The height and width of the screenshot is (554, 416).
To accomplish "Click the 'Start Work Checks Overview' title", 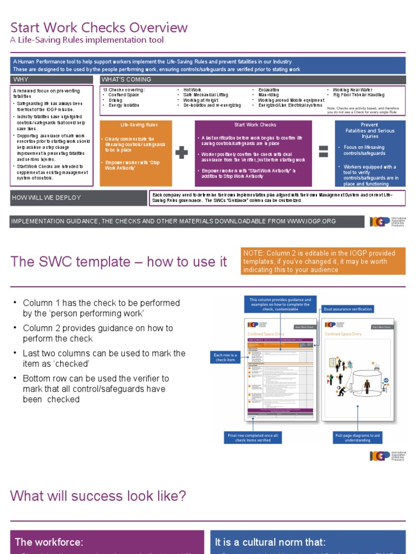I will [99, 28].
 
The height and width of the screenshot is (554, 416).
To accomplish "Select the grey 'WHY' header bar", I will [54, 80].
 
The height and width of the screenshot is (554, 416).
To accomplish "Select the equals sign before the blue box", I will [323, 152].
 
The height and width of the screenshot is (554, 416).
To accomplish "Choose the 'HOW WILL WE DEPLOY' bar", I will [78, 197].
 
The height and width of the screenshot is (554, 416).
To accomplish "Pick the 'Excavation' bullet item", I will [269, 89].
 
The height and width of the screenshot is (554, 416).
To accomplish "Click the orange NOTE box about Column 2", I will [323, 261].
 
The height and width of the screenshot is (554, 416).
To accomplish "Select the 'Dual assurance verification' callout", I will [347, 309].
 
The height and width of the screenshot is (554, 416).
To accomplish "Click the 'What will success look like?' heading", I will [98, 496].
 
